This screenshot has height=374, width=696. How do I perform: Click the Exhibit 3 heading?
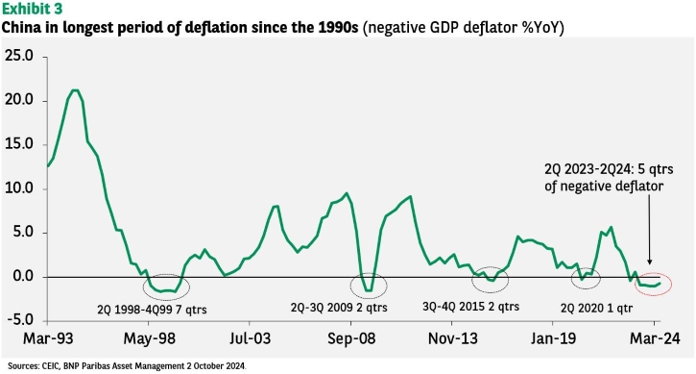click(32, 9)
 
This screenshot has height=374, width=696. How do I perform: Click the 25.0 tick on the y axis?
click(19, 57)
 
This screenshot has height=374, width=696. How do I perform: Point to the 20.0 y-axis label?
click(19, 100)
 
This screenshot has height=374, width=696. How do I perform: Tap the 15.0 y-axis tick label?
click(19, 144)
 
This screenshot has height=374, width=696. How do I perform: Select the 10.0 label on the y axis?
click(19, 188)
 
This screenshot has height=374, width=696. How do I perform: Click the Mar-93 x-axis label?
click(48, 338)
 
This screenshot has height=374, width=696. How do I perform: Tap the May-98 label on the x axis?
click(149, 338)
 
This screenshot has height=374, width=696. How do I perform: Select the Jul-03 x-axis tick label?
click(250, 338)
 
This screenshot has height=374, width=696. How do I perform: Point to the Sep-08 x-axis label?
click(351, 338)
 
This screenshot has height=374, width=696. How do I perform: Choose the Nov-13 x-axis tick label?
click(453, 338)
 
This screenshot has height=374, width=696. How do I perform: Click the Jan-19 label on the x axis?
click(554, 338)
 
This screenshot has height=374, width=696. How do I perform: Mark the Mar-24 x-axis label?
click(655, 338)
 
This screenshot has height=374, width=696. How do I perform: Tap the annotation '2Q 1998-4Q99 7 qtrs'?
click(152, 310)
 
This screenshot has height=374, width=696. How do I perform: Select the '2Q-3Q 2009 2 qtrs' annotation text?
click(339, 308)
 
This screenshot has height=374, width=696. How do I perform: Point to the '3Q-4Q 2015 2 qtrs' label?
click(470, 307)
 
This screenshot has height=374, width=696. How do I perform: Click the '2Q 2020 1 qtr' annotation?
click(596, 309)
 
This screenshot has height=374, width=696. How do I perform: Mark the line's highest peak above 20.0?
click(75, 90)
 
